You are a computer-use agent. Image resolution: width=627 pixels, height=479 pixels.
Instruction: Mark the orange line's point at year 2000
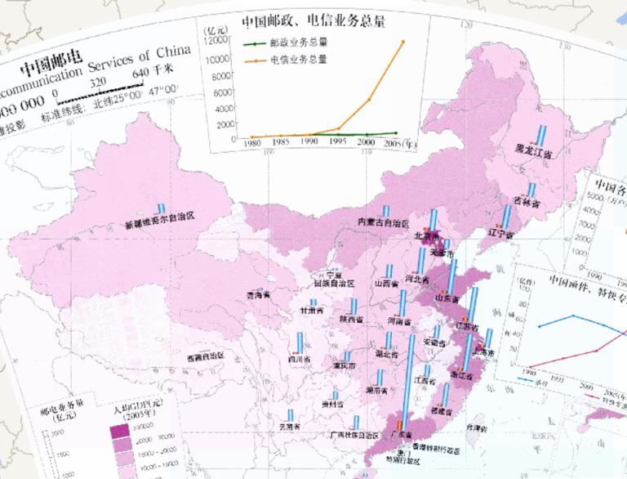369,100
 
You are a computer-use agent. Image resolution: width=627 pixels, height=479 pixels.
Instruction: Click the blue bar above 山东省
451,278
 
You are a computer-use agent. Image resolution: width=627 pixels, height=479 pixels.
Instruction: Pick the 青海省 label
258,294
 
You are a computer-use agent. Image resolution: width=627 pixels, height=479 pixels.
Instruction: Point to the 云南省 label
290,426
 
